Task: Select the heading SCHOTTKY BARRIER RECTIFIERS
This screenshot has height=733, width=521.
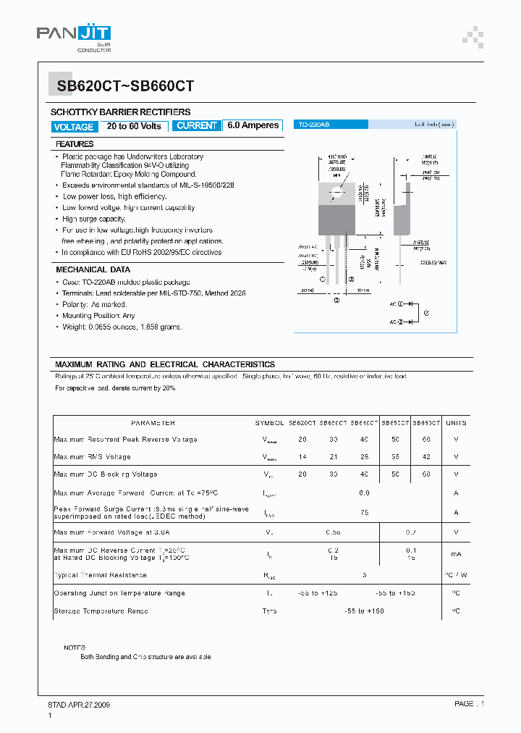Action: (x=120, y=112)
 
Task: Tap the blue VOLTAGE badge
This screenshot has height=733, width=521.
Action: (x=74, y=127)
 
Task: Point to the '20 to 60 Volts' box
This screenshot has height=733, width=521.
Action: (x=134, y=126)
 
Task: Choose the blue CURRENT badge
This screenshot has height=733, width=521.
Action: (x=197, y=125)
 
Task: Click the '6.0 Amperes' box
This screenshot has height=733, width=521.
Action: (x=253, y=125)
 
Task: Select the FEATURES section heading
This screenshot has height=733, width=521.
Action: (x=75, y=144)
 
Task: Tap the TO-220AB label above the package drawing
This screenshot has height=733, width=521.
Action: (x=314, y=125)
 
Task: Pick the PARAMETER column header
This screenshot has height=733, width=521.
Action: (x=153, y=423)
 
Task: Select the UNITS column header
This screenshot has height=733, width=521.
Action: (x=456, y=423)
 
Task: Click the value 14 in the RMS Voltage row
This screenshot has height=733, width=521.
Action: (x=302, y=457)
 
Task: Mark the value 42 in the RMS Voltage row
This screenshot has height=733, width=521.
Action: (x=426, y=457)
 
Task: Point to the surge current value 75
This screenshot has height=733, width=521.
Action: (x=364, y=511)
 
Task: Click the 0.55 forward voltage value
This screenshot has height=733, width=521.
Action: (x=333, y=533)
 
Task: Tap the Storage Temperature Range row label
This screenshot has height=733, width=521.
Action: (x=101, y=611)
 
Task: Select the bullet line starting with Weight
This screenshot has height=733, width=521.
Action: (x=122, y=327)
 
